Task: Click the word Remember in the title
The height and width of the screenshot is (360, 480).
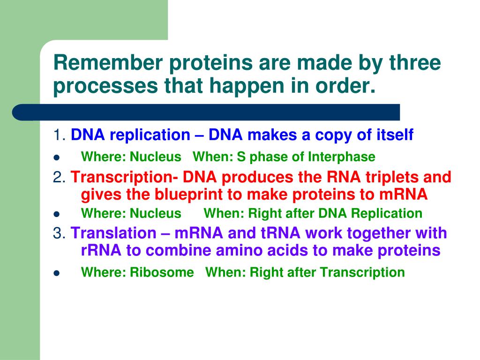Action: click(x=108, y=62)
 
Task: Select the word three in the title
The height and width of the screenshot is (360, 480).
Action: click(x=415, y=62)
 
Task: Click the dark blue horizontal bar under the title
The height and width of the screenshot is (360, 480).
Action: click(x=206, y=112)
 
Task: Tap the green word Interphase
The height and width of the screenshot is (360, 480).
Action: click(x=342, y=157)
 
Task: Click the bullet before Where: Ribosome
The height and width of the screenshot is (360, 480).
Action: click(x=56, y=273)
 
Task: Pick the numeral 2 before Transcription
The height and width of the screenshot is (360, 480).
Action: click(x=57, y=177)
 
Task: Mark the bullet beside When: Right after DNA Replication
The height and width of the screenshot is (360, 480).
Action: click(x=56, y=214)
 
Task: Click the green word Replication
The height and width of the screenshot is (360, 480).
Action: click(x=387, y=213)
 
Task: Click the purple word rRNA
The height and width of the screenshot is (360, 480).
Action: click(x=101, y=250)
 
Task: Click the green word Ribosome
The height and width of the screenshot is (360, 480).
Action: click(x=162, y=272)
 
